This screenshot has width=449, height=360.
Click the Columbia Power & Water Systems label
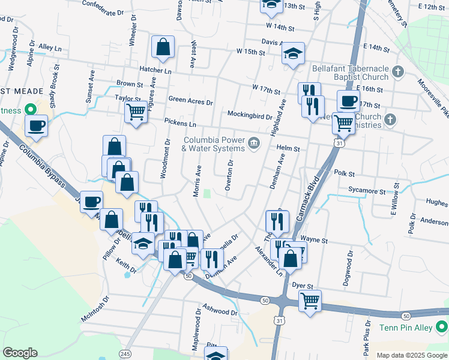[x=214, y=144]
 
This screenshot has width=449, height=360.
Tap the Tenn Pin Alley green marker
[x=442, y=328]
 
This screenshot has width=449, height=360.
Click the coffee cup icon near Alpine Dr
[x=37, y=125]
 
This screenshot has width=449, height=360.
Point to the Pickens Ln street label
[x=182, y=124]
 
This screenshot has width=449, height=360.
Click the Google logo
[x=20, y=353]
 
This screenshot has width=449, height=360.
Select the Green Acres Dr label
[x=191, y=101]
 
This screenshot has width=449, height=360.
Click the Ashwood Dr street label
[x=217, y=311]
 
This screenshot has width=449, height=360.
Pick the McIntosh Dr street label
[x=97, y=308]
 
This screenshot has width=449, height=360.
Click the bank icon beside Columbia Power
[x=253, y=144]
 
